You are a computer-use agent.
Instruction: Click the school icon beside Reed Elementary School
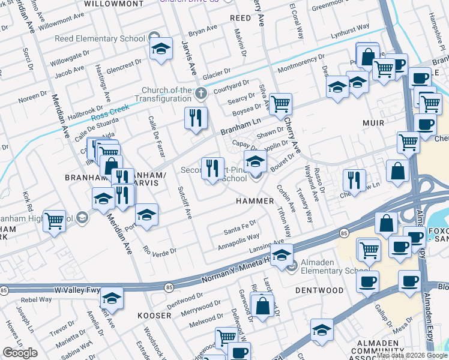point(160,49)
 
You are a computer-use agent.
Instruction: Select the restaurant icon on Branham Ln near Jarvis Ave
point(194,118)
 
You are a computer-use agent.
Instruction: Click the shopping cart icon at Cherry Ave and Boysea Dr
point(280,104)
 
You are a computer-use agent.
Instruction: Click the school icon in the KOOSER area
point(112,298)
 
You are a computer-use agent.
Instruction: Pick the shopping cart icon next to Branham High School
point(55,220)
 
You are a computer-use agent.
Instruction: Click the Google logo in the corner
point(20,352)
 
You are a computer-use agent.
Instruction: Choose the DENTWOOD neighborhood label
point(319,290)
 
